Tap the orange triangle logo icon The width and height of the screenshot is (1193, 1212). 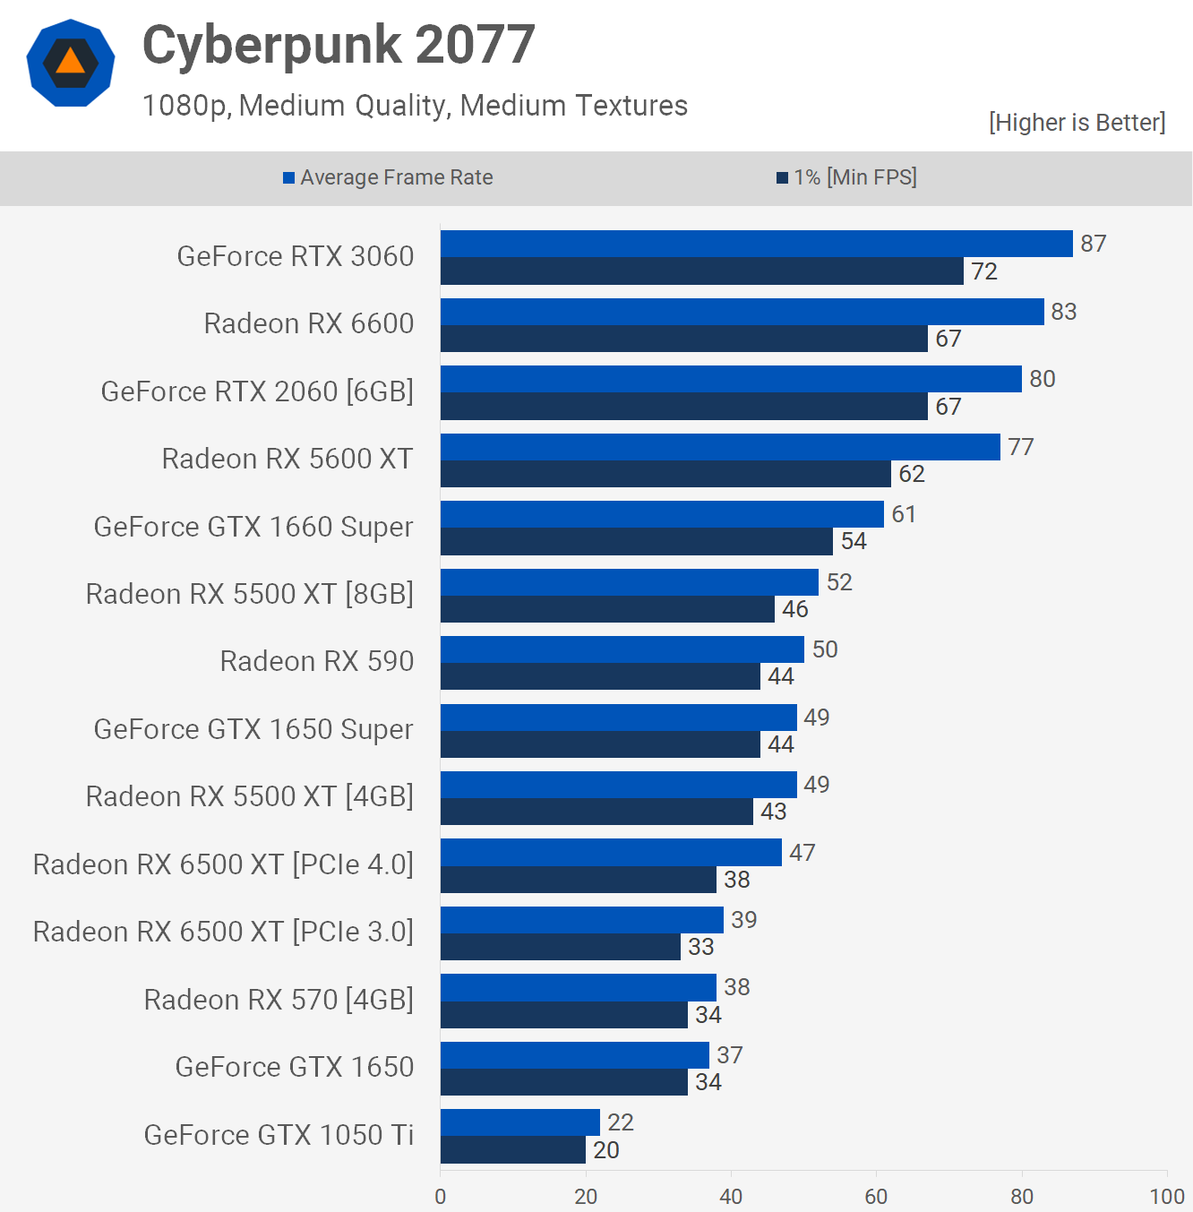(x=70, y=63)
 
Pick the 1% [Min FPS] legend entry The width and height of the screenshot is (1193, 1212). (x=846, y=177)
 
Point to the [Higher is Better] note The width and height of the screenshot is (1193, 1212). (x=1077, y=123)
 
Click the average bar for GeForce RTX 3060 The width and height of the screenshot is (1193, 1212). (x=756, y=244)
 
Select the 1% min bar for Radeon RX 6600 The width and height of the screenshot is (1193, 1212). (x=683, y=339)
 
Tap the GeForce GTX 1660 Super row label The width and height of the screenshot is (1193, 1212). (x=253, y=527)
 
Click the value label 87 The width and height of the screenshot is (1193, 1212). (x=1093, y=244)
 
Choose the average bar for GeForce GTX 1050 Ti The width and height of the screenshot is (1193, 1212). (x=519, y=1122)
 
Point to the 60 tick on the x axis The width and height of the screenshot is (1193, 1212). (x=876, y=1196)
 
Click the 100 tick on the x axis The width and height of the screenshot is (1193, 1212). (x=1166, y=1196)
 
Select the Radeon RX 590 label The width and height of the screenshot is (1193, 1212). (x=317, y=661)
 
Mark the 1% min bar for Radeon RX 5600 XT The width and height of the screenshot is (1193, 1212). (x=665, y=474)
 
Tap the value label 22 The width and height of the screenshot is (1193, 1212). (x=620, y=1122)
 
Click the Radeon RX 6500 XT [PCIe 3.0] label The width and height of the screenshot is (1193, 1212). (x=223, y=932)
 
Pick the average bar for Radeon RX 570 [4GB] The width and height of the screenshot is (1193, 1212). (x=578, y=987)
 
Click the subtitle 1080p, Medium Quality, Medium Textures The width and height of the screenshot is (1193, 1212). (x=415, y=106)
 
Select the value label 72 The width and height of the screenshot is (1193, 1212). (x=983, y=271)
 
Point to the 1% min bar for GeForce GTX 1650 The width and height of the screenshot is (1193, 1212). (x=563, y=1082)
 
